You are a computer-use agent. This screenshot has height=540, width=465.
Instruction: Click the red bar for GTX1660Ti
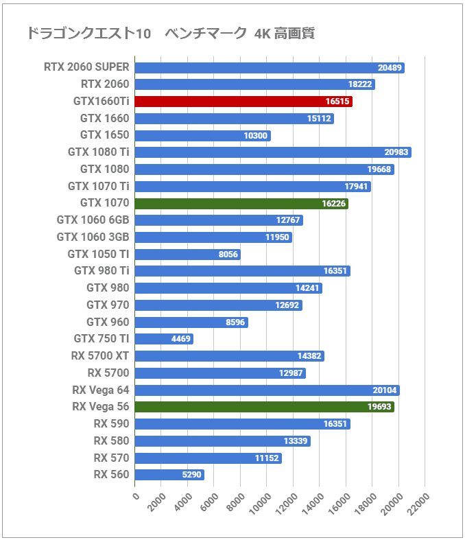click(x=243, y=102)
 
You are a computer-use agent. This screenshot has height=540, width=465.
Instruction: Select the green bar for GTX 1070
click(x=241, y=203)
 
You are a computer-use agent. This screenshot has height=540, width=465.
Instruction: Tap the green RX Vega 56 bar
click(x=264, y=407)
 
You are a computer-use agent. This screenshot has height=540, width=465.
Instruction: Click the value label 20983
click(x=396, y=152)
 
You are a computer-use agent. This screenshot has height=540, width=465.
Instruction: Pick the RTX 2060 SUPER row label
click(x=86, y=67)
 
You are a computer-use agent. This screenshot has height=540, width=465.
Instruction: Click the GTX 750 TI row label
click(x=101, y=338)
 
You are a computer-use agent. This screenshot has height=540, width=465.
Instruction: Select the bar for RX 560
click(x=169, y=475)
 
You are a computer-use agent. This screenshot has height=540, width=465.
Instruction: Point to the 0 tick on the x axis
click(x=136, y=496)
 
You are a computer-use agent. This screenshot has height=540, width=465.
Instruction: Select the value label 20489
click(x=390, y=68)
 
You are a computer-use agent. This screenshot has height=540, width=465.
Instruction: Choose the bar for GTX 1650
click(x=202, y=135)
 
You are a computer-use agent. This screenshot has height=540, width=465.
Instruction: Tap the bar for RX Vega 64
click(x=267, y=390)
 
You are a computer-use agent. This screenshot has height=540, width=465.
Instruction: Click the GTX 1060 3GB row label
click(x=93, y=237)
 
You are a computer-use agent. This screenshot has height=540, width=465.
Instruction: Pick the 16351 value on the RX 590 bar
click(x=336, y=424)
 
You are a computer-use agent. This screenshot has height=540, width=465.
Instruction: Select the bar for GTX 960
click(x=191, y=322)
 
